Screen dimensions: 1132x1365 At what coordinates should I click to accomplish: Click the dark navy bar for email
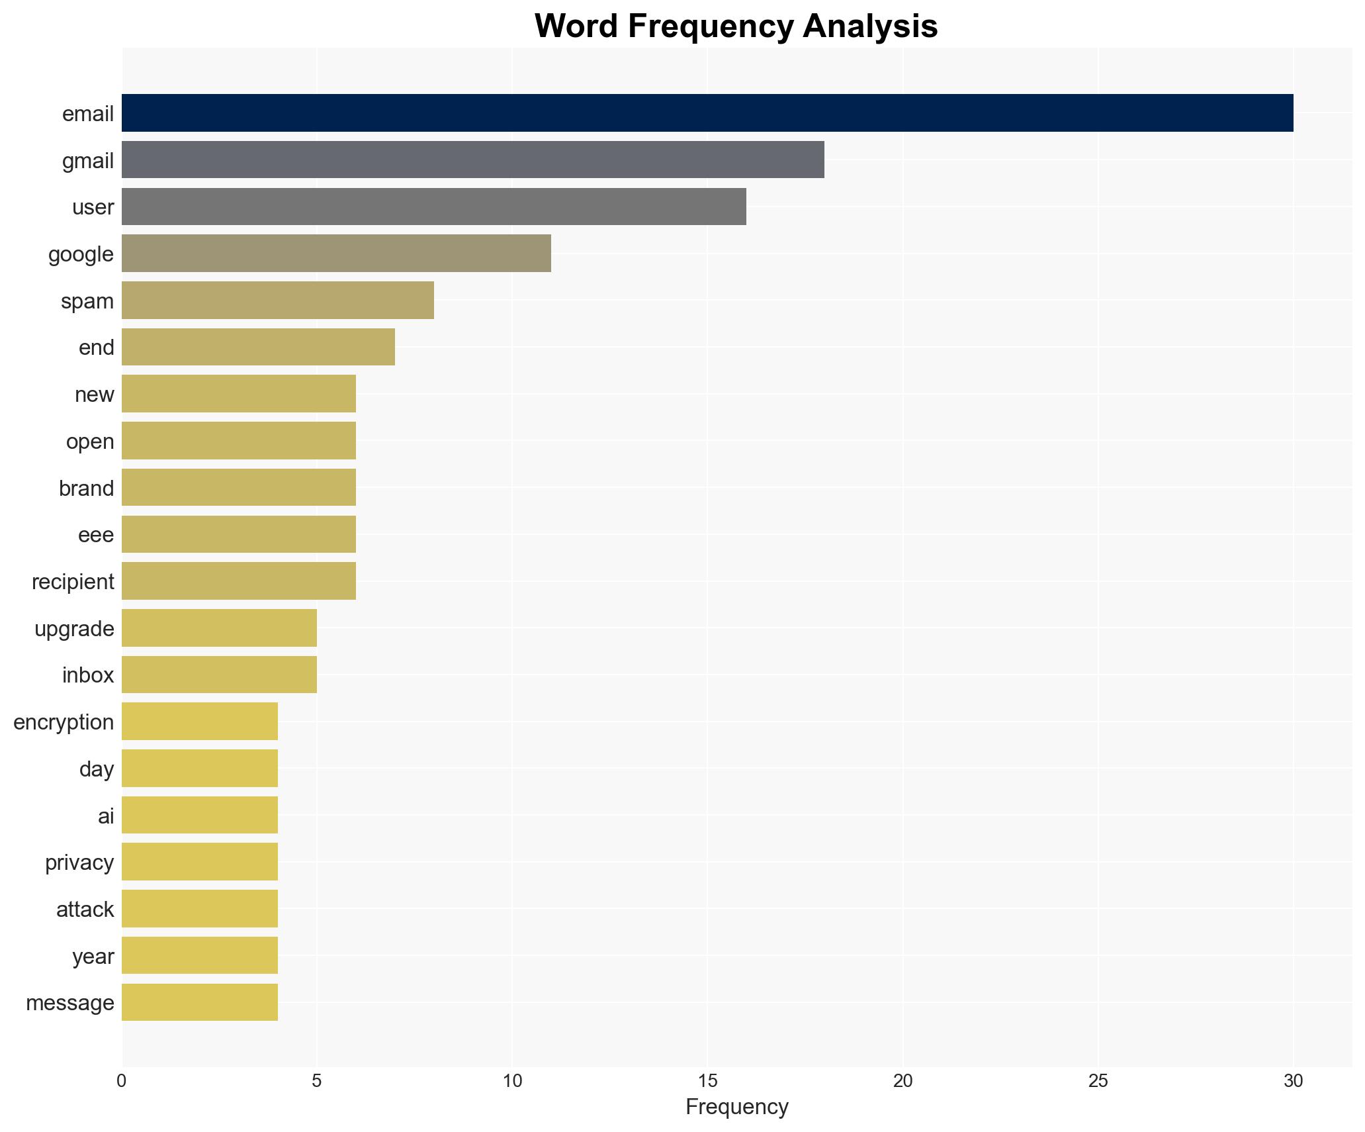coord(707,113)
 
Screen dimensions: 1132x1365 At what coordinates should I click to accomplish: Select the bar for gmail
coord(472,160)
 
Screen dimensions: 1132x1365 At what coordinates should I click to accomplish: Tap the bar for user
coord(433,207)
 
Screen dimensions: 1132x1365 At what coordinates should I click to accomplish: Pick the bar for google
coord(336,254)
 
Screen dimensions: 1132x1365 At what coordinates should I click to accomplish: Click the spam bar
coord(277,301)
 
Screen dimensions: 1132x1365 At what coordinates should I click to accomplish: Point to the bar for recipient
coord(238,581)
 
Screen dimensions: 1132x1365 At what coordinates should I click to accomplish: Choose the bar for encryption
coord(199,722)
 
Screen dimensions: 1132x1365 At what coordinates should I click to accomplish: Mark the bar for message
coord(199,1002)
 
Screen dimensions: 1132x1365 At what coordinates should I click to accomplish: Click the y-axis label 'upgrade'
coord(74,629)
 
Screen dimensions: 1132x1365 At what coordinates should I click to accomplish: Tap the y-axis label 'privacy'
coord(79,863)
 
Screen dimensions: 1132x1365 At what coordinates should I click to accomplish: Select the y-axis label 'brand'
coord(86,489)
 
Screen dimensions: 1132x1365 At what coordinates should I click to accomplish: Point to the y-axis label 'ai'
coord(106,816)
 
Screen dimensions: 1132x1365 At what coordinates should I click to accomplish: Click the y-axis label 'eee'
coord(96,535)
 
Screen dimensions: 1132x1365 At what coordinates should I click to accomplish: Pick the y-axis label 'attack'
coord(85,910)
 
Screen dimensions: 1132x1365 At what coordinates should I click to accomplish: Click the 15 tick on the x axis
coord(707,1081)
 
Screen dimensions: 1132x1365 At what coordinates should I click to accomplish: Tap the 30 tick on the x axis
coord(1293,1081)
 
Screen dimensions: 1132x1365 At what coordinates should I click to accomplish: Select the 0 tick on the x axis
coord(122,1081)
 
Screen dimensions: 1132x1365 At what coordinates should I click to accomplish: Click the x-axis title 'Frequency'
coord(736,1107)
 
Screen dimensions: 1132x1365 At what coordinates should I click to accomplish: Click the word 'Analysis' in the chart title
coord(870,26)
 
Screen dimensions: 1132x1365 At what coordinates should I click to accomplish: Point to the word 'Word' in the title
coord(577,26)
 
